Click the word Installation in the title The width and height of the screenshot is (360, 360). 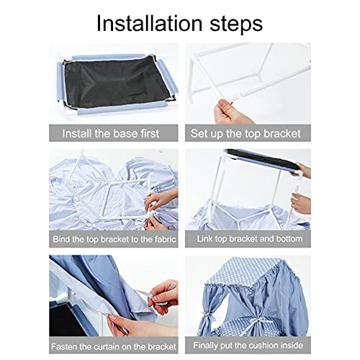click(x=149, y=23)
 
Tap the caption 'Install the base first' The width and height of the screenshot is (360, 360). click(x=111, y=133)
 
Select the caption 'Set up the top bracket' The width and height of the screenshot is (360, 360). click(x=246, y=134)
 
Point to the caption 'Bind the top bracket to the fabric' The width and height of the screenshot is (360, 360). click(x=114, y=239)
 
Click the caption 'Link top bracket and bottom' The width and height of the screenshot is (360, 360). click(x=250, y=239)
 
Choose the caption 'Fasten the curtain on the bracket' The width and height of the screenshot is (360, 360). click(x=114, y=346)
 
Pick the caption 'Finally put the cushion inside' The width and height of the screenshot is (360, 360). click(x=248, y=346)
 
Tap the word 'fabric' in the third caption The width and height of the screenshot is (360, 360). click(x=166, y=239)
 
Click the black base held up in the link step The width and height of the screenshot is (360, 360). click(x=261, y=159)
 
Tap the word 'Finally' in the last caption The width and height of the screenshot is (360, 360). click(x=206, y=346)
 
